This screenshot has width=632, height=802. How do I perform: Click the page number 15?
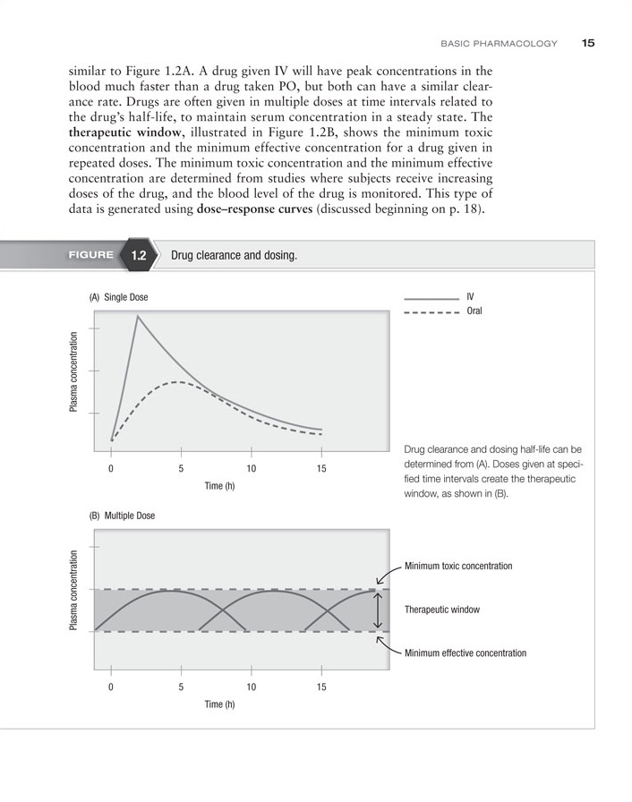(x=588, y=42)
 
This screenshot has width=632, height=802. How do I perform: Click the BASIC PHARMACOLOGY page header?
(x=500, y=43)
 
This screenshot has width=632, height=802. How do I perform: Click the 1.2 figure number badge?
(x=138, y=255)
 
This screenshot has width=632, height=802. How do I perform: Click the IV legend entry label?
(x=471, y=296)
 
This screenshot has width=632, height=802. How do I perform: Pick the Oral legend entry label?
(x=474, y=311)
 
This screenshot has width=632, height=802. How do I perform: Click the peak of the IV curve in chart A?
(x=138, y=315)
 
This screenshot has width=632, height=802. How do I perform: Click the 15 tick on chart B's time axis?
(x=321, y=687)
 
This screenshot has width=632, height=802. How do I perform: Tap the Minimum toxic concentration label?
(x=458, y=567)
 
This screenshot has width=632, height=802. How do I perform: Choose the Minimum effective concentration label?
(x=465, y=653)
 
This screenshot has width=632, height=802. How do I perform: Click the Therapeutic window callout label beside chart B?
(x=442, y=610)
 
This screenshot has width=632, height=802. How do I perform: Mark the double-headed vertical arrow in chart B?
(x=379, y=610)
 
